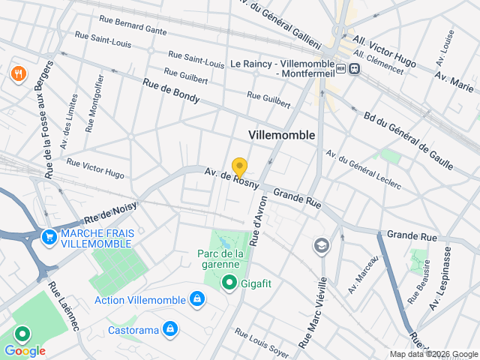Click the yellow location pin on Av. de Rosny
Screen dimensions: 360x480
(x=239, y=167)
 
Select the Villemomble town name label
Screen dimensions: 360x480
(x=281, y=134)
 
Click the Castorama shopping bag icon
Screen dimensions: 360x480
(x=171, y=328)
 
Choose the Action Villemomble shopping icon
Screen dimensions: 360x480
(x=196, y=300)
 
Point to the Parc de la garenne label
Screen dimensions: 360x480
(x=221, y=259)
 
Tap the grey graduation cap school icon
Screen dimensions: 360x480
(x=321, y=245)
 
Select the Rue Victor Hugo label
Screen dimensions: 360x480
(x=95, y=168)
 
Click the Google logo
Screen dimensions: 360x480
(x=25, y=350)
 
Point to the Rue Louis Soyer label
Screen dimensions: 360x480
(x=261, y=341)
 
